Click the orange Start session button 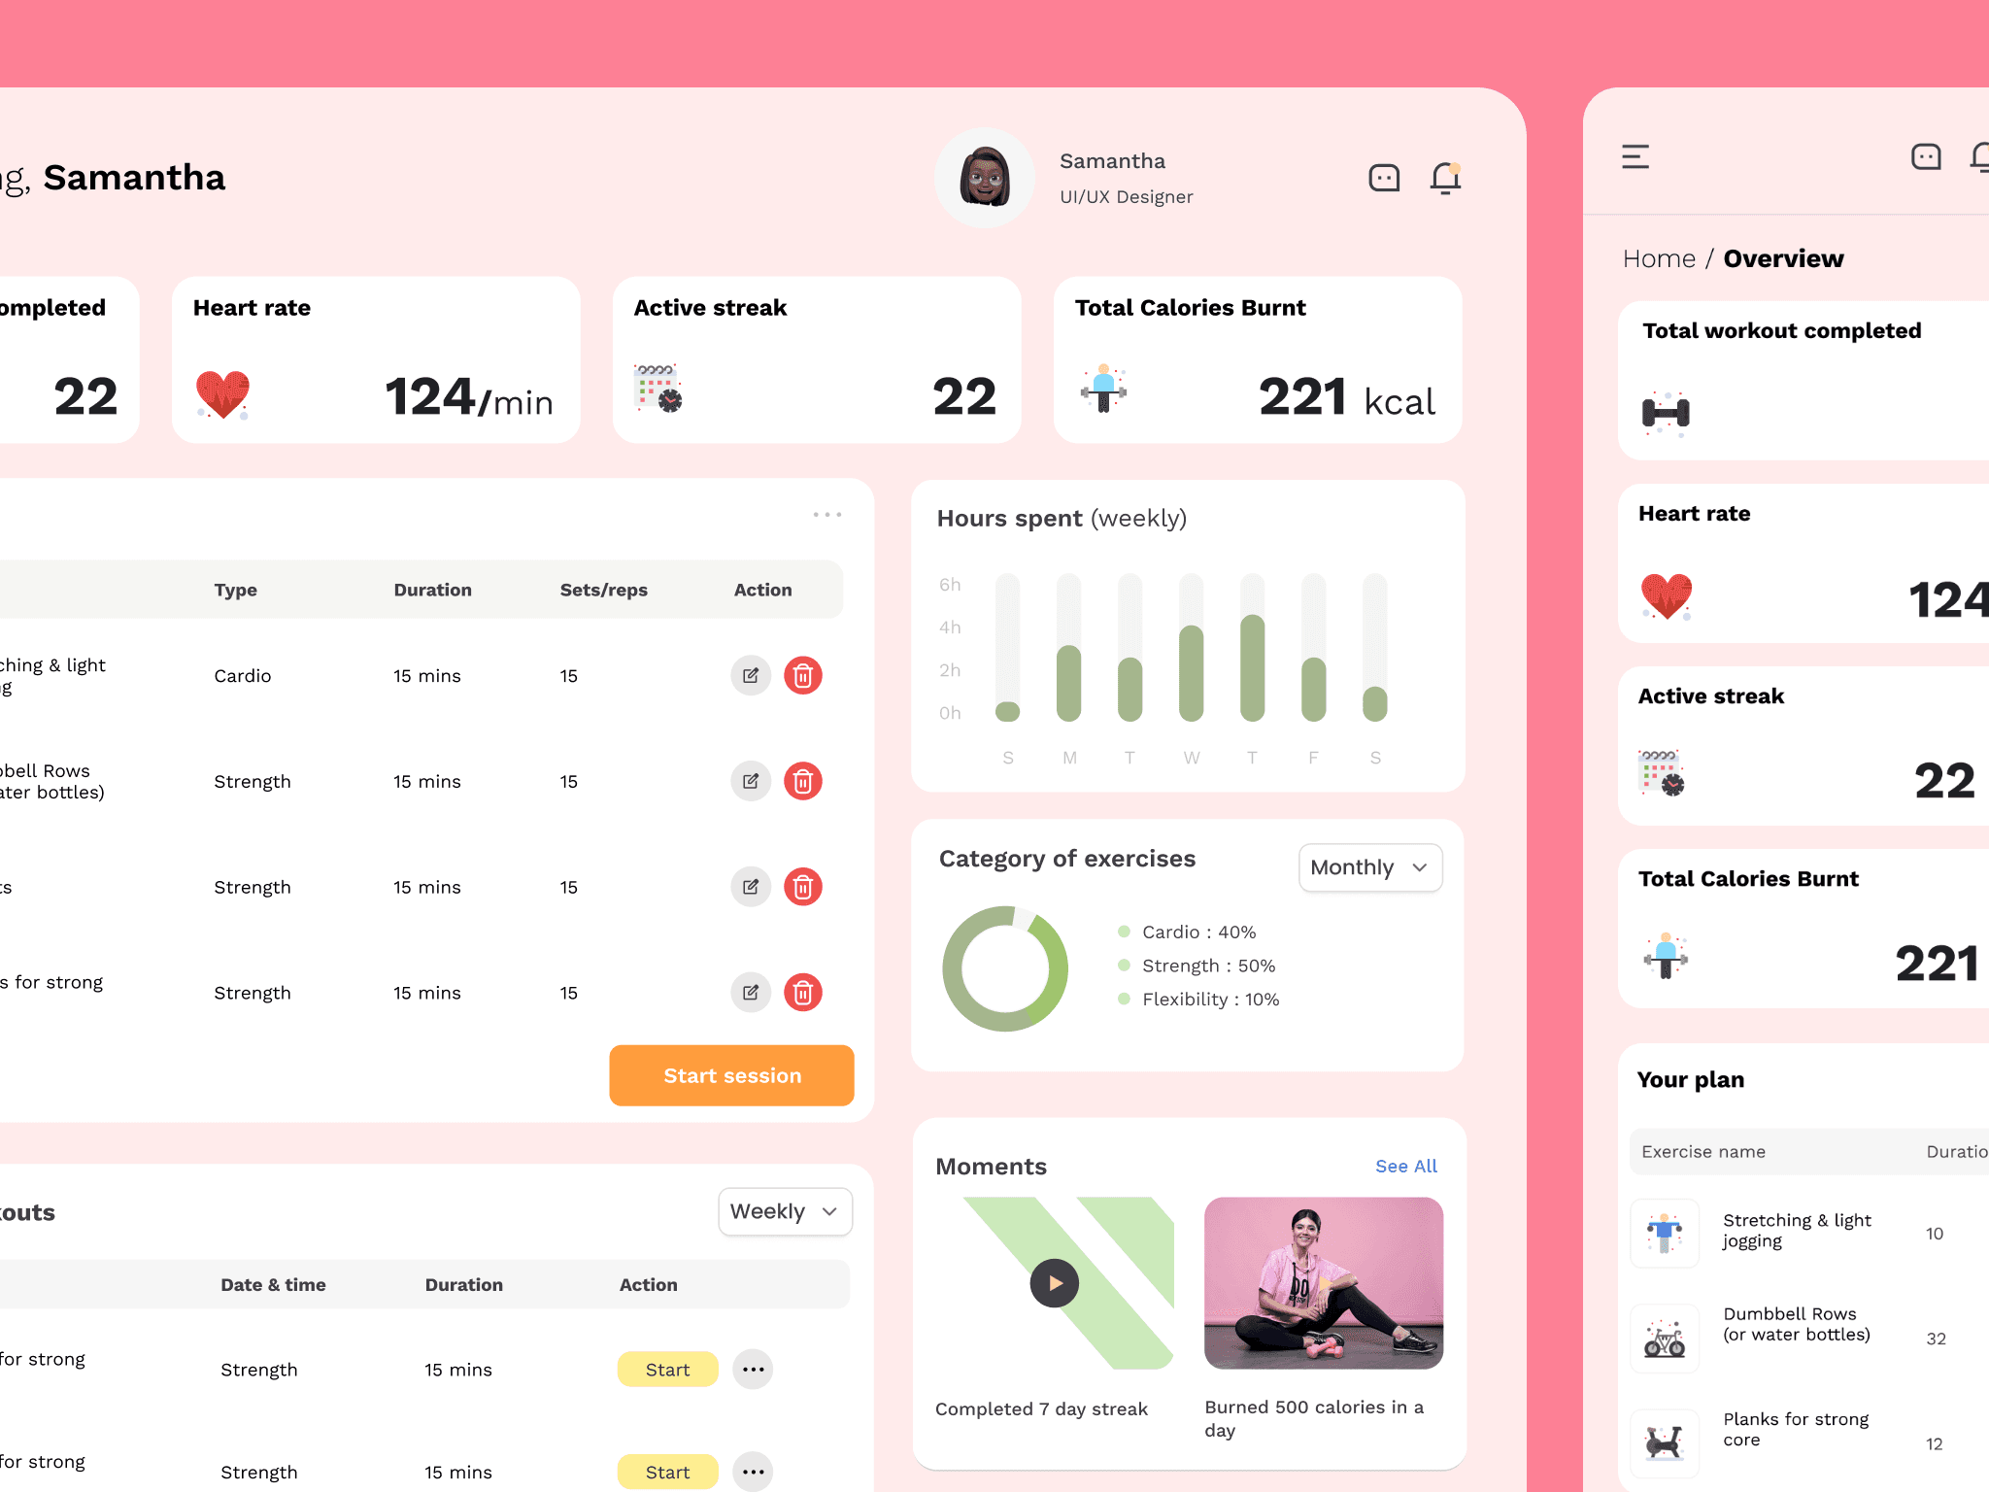pos(731,1075)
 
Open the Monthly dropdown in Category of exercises pos(1369,867)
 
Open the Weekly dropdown pos(785,1211)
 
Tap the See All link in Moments pos(1405,1166)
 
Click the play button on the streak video pos(1054,1283)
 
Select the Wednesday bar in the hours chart pos(1191,672)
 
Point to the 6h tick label pos(949,585)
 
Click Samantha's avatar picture pos(985,178)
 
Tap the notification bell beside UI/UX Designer pos(1445,178)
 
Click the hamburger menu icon pos(1635,156)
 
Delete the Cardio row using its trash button pos(802,675)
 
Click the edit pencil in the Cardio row pos(751,675)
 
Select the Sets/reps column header pos(603,590)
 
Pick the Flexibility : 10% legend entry pos(1209,999)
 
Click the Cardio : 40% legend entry pos(1197,932)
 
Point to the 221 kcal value pos(1346,397)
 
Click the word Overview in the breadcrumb pos(1783,258)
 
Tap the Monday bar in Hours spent pos(1068,682)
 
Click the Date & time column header pos(273,1284)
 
